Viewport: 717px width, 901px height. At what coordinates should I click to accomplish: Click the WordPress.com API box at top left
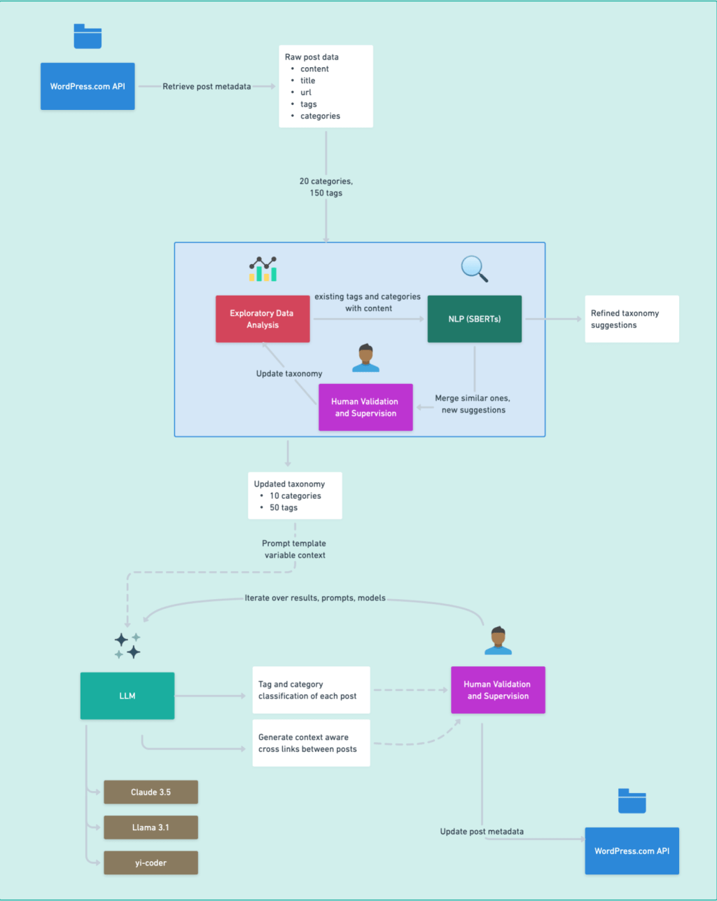(x=88, y=86)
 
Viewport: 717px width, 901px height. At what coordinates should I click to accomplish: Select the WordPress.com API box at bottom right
(x=632, y=851)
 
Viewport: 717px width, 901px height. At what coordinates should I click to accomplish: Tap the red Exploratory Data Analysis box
(x=263, y=319)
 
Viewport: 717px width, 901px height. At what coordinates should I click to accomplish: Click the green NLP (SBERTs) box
(x=474, y=319)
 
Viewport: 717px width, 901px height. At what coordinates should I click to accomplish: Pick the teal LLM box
(x=127, y=696)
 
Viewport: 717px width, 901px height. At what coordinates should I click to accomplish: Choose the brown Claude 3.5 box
(x=151, y=792)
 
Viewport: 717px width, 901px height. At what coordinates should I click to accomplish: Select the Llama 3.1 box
(x=151, y=827)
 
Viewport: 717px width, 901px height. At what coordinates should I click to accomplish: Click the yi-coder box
(x=151, y=862)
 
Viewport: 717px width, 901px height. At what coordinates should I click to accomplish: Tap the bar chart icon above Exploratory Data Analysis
(x=263, y=269)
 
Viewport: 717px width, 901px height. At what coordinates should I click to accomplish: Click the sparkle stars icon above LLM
(x=127, y=645)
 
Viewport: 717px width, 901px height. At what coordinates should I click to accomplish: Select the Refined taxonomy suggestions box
(x=632, y=319)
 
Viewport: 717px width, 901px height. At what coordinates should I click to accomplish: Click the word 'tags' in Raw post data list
(x=309, y=104)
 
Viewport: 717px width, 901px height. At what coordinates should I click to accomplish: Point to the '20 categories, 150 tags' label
(x=326, y=187)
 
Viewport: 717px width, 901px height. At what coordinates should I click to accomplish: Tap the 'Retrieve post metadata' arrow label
(x=207, y=86)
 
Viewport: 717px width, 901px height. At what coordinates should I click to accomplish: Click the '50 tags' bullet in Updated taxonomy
(x=284, y=507)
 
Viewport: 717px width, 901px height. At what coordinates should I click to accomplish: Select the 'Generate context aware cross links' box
(x=311, y=743)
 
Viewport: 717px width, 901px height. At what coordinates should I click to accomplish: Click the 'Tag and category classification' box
(x=311, y=690)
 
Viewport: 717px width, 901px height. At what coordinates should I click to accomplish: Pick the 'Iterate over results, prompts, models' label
(x=315, y=598)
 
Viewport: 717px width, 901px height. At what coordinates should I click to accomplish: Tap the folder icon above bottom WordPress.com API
(x=632, y=801)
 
